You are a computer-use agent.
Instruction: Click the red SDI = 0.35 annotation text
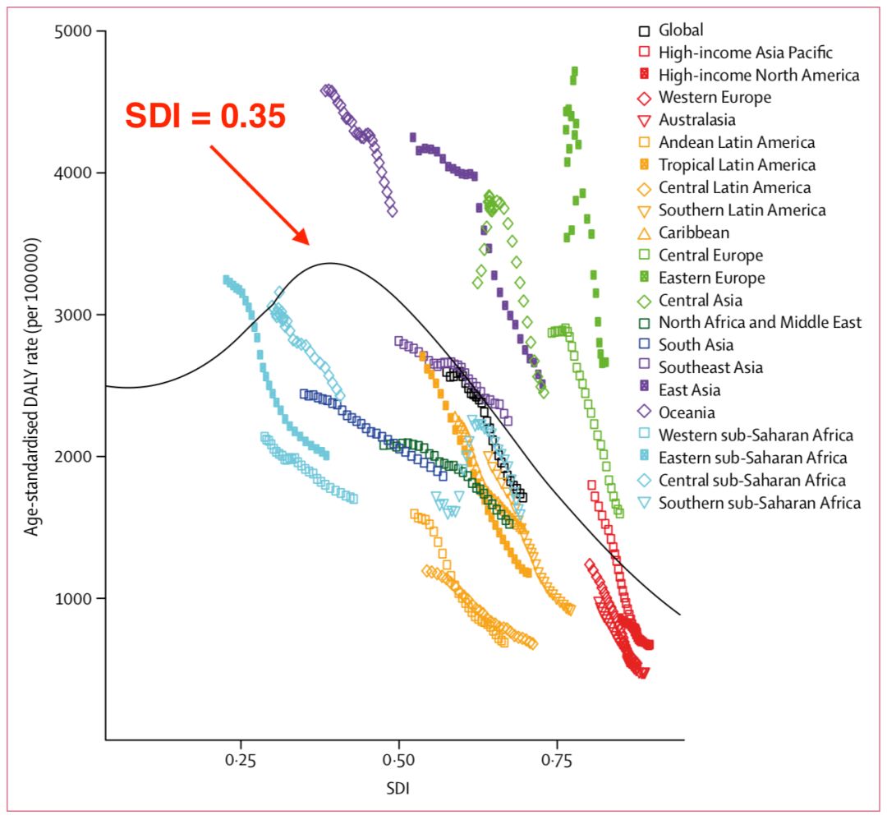pyautogui.click(x=205, y=117)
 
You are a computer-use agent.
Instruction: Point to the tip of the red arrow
pyautogui.click(x=309, y=244)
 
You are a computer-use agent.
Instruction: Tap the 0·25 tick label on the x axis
pyautogui.click(x=241, y=761)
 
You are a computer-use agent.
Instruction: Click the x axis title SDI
pyautogui.click(x=398, y=789)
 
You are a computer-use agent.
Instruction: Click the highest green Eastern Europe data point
pyautogui.click(x=574, y=71)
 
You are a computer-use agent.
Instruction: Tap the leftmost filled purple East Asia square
pyautogui.click(x=413, y=136)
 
